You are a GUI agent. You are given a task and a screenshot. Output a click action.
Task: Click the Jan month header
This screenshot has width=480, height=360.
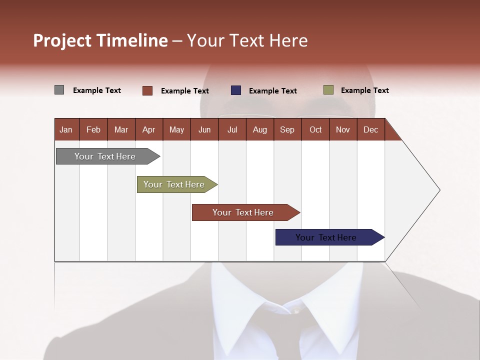(66, 129)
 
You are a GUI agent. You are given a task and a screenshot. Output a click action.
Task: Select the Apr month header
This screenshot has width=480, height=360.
(148, 129)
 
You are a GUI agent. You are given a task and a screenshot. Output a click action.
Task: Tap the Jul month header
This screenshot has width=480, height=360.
(232, 129)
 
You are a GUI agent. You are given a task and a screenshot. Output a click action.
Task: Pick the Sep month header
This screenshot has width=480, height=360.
(287, 129)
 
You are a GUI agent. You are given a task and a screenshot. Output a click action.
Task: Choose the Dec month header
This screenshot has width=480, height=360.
(370, 129)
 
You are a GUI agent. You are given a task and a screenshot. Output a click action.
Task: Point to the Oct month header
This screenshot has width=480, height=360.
(315, 129)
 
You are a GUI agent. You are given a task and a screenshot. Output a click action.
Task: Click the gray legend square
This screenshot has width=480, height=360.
(59, 90)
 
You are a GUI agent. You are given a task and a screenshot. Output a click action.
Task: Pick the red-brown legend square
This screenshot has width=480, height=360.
(147, 90)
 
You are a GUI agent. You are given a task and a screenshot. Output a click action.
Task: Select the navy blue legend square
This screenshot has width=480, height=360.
(235, 90)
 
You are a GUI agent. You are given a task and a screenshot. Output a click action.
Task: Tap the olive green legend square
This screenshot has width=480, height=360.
(328, 90)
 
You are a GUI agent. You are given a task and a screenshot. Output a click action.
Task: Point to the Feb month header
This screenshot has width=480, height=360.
(93, 129)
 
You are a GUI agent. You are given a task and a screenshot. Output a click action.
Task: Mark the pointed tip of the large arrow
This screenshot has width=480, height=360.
(439, 190)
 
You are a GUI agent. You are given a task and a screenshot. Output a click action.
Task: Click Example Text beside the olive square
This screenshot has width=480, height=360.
(364, 90)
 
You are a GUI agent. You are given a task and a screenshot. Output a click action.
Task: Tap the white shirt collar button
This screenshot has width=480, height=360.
(296, 311)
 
